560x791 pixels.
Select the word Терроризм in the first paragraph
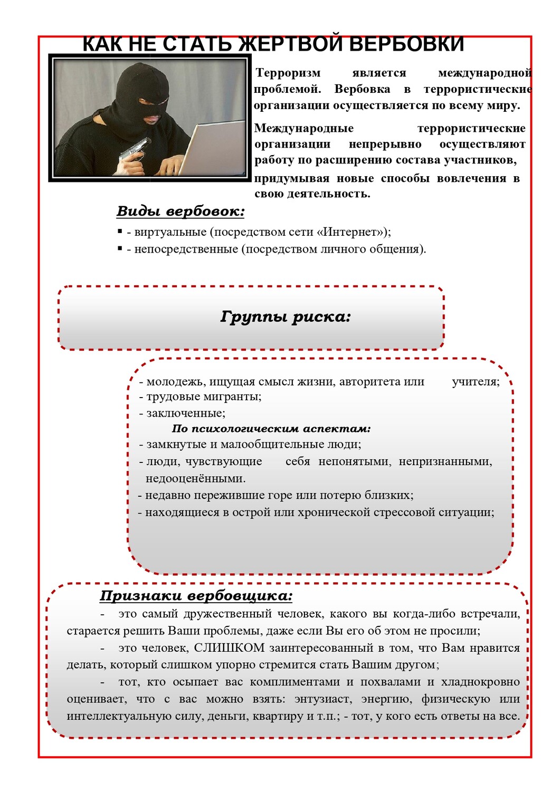coord(288,73)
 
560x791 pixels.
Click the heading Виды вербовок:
coord(181,211)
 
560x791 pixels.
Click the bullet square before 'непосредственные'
coord(120,248)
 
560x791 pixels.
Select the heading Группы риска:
coord(285,317)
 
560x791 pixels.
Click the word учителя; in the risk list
coord(476,382)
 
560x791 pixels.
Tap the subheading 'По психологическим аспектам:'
coord(271,429)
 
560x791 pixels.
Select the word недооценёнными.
coord(195,479)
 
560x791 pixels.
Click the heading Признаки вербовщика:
coord(196,596)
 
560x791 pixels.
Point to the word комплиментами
coord(295,682)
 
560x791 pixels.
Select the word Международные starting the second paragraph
coord(304,129)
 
